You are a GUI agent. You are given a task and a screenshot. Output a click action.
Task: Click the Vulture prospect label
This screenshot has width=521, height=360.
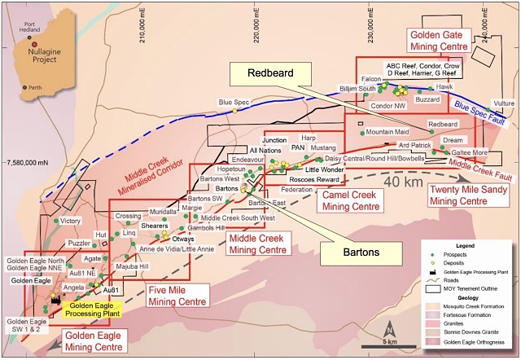[504, 104]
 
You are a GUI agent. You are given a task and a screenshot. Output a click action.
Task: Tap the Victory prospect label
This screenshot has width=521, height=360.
[71, 221]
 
